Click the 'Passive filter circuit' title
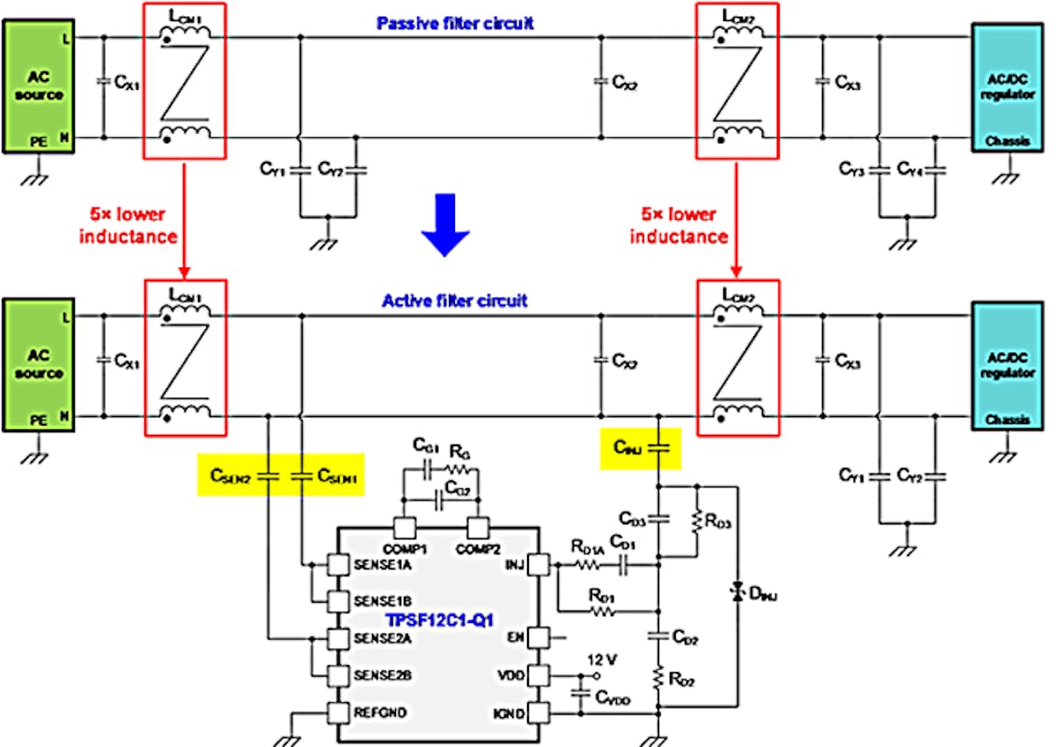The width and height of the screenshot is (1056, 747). (x=455, y=24)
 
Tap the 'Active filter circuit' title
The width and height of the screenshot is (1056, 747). (x=454, y=301)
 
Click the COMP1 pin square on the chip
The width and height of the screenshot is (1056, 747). (x=404, y=528)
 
